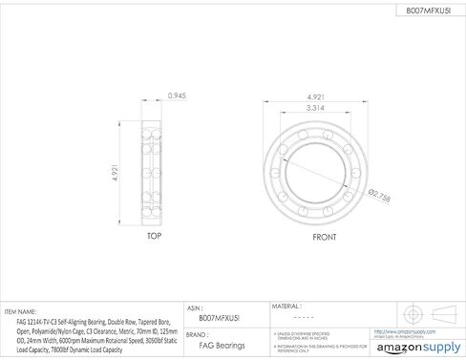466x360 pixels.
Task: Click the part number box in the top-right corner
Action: tap(415, 11)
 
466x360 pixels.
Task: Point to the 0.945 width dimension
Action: tap(177, 96)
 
